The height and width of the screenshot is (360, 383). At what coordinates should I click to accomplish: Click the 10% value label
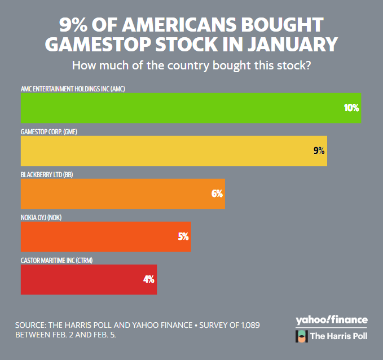(351, 107)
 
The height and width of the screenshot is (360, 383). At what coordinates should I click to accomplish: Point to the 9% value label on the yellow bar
(319, 151)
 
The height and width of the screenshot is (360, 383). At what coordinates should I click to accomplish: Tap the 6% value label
(217, 194)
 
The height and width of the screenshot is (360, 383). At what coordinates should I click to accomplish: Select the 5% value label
(183, 236)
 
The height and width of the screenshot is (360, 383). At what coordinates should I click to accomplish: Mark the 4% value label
(149, 279)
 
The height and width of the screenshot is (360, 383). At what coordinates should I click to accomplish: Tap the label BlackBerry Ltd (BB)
(47, 174)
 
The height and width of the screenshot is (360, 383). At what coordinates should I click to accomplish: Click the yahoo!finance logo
(331, 321)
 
